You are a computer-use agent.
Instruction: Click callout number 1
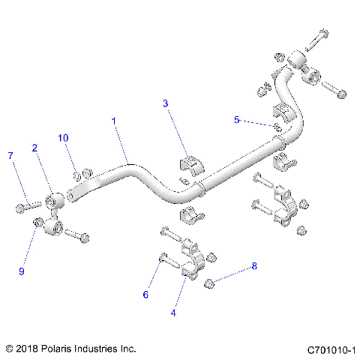(x=114, y=120)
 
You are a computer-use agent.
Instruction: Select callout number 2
(x=34, y=148)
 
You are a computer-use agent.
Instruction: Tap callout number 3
(x=166, y=104)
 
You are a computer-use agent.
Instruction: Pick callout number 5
(x=237, y=119)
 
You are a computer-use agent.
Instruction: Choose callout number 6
(x=145, y=295)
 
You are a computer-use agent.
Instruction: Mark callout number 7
(x=10, y=155)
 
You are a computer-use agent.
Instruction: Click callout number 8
(x=254, y=265)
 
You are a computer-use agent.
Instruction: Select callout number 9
(x=22, y=270)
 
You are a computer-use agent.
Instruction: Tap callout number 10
(x=64, y=137)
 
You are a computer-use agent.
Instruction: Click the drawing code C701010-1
(x=330, y=349)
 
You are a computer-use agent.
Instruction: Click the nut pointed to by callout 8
(x=211, y=282)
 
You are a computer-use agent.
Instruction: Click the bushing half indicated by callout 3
(x=187, y=164)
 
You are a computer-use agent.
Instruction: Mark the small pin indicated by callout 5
(x=277, y=126)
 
